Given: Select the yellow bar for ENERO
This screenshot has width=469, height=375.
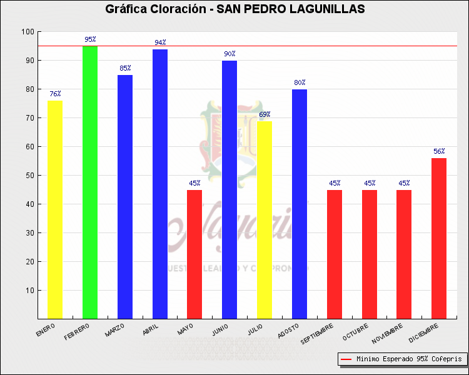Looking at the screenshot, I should (x=55, y=209).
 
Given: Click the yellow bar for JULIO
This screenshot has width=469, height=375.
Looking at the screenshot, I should (x=265, y=219).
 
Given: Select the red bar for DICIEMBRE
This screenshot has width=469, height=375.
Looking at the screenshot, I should (x=439, y=238).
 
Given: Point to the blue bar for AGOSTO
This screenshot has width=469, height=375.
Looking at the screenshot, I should (x=300, y=204).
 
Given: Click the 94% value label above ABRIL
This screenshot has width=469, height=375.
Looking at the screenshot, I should (x=161, y=42).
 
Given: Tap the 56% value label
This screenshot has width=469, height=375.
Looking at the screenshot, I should (x=439, y=151).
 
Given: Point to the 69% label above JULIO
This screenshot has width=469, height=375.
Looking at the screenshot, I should (x=265, y=114).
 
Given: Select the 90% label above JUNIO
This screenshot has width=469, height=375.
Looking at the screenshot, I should (x=229, y=54).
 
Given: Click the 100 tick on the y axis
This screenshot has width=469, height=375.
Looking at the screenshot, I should (x=28, y=32).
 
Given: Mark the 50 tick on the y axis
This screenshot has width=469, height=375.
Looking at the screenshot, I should (x=29, y=176).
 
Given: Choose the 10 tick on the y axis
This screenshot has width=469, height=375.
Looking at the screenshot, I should (x=29, y=291).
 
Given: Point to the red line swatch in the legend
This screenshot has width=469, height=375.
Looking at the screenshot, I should (x=346, y=359).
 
